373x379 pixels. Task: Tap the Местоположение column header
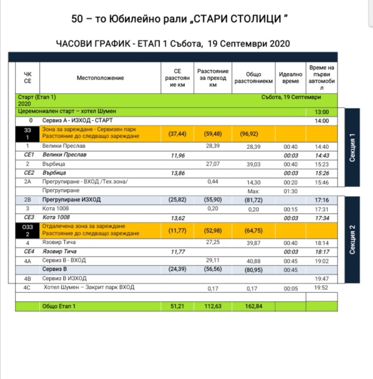100,78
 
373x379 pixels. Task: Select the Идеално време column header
290,78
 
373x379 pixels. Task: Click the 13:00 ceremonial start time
322,112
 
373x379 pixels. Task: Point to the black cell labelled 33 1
28,134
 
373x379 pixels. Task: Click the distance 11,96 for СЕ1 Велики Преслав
178,155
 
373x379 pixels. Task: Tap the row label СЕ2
28,173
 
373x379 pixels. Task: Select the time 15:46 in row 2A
322,182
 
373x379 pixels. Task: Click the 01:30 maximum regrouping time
290,191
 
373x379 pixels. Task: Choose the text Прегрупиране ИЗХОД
71,200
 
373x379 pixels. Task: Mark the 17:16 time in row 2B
322,200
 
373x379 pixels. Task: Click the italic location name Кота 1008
56,217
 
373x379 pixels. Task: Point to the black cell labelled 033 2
28,230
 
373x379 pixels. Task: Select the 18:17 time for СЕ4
322,252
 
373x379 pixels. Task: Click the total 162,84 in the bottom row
253,306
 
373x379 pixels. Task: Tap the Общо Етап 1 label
59,306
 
